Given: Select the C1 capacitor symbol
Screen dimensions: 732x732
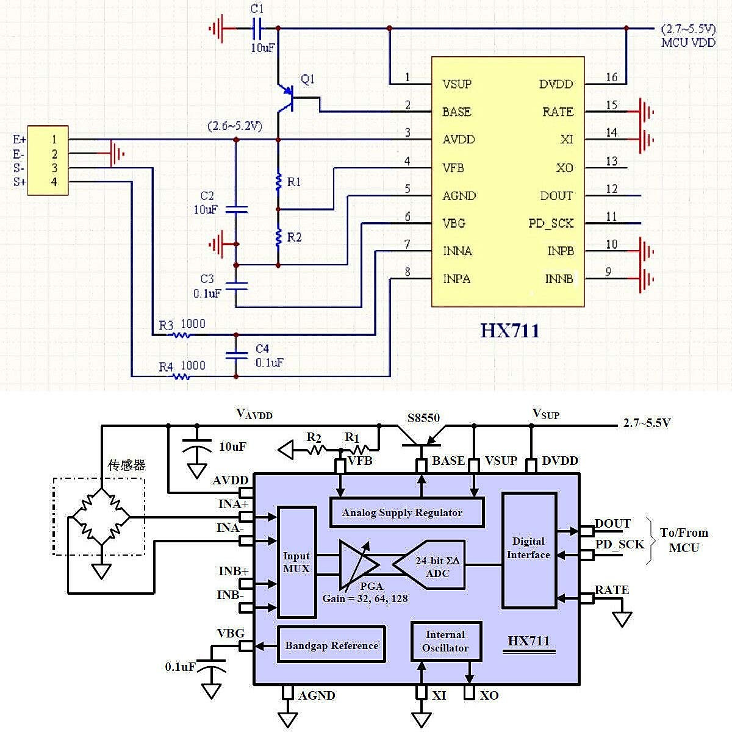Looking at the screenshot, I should pos(257,28).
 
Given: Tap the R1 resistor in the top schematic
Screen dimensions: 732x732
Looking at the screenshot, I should pos(278,181).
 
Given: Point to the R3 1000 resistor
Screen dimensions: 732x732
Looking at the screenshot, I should pos(180,334).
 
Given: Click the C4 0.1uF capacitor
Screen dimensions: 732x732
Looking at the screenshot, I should pos(237,356).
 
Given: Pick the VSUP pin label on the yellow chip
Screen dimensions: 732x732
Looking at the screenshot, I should pos(457,84).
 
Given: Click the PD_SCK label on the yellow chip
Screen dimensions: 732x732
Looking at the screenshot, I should pos(551,223).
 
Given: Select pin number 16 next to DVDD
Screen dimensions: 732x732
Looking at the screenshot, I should pos(611,77).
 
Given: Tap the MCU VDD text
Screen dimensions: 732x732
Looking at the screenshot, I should pos(688,43).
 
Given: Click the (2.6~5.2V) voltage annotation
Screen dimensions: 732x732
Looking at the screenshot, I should pos(234,126).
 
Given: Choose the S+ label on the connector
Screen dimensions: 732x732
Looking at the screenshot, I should pos(20,182).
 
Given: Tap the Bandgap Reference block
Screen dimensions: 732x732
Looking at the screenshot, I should pos(331,645).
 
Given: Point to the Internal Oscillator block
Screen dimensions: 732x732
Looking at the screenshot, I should pos(445,642).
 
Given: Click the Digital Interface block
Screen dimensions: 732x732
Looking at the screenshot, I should pos(528,549).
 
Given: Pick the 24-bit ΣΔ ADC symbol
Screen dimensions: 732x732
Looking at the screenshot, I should pos(430,567).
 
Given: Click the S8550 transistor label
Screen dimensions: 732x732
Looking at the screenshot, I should pos(423,418).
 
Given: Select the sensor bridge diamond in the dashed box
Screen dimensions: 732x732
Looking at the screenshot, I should pos(100,517).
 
